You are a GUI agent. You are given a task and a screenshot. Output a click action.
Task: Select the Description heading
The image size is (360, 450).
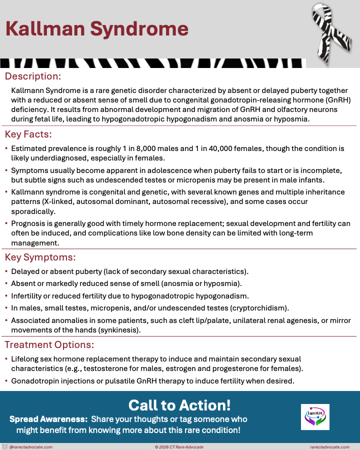click(33, 76)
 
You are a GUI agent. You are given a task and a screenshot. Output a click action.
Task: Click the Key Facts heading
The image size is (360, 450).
click(28, 134)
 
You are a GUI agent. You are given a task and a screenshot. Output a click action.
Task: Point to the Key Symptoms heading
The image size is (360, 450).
click(40, 257)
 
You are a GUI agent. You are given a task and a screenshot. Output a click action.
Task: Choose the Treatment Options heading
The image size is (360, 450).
click(49, 345)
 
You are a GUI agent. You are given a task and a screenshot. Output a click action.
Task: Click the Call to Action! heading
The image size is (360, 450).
click(179, 405)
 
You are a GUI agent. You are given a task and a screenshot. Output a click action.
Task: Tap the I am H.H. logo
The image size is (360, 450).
click(315, 417)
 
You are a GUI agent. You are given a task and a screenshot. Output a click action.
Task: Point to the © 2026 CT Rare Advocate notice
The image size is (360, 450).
click(179, 446)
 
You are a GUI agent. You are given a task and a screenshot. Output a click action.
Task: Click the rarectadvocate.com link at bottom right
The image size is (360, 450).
click(329, 446)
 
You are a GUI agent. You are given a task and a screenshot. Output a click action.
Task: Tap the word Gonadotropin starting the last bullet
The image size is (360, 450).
click(35, 381)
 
